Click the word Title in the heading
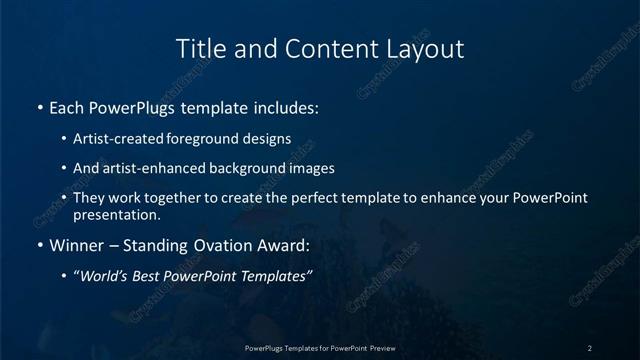(x=198, y=48)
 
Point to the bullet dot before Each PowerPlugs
(x=39, y=107)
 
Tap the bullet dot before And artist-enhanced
(x=64, y=169)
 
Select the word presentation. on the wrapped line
(x=116, y=215)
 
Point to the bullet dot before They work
(x=64, y=198)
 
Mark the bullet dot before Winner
(x=39, y=245)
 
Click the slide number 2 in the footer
(x=590, y=348)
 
